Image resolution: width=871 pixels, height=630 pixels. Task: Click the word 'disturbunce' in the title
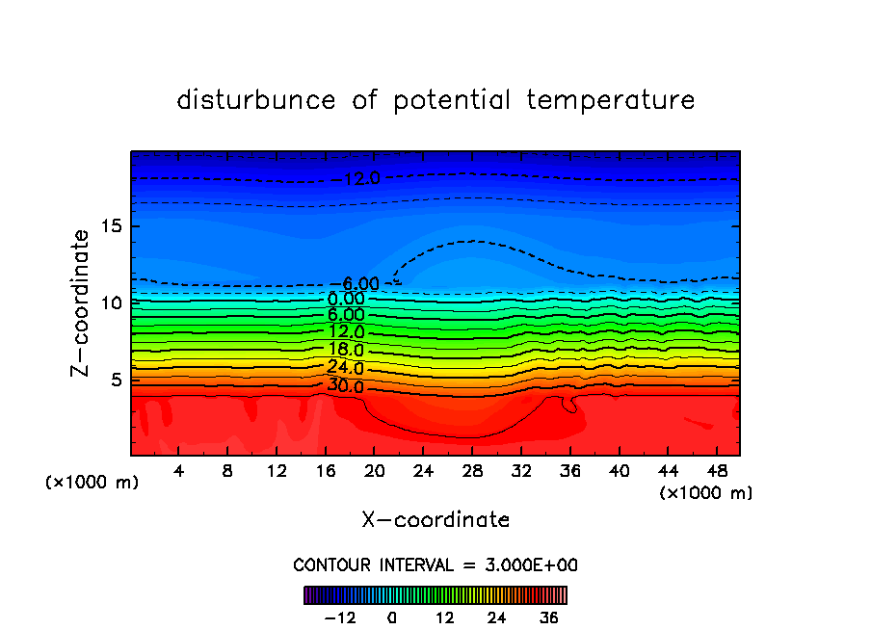[x=256, y=100]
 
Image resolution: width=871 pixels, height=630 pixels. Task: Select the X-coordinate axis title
[x=435, y=520]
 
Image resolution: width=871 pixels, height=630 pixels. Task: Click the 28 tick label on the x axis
[x=471, y=472]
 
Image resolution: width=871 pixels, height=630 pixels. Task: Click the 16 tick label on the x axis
[x=325, y=472]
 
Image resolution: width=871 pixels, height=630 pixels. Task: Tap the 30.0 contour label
[x=345, y=386]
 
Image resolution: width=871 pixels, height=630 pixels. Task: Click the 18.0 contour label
[x=345, y=350]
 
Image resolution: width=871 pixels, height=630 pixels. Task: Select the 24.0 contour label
[x=345, y=368]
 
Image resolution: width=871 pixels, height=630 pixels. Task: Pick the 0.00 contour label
[x=346, y=299]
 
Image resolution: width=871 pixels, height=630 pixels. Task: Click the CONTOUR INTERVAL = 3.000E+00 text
[x=435, y=564]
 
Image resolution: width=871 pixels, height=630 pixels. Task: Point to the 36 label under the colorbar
[x=549, y=617]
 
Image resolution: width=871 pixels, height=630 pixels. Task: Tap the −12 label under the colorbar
[x=340, y=617]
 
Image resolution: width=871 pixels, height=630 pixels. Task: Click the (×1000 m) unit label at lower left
[x=92, y=483]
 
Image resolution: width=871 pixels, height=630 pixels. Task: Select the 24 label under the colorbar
[x=497, y=617]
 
